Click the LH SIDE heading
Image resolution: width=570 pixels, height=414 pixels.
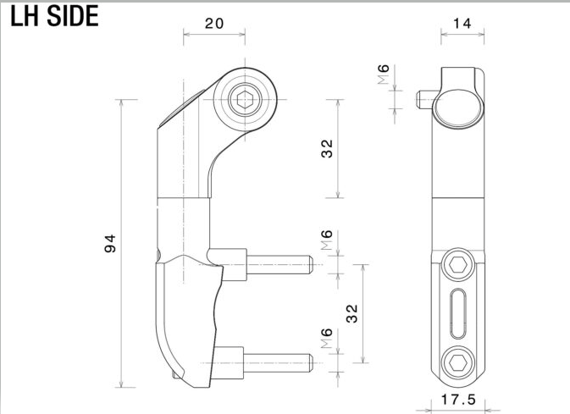click(54, 16)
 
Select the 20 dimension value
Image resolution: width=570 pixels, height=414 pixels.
click(214, 24)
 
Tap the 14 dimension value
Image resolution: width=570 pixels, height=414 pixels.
click(462, 24)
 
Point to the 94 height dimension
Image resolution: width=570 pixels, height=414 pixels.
click(110, 244)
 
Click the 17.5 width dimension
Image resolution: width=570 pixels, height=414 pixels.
click(458, 400)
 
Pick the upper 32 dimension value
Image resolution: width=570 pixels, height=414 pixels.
click(327, 148)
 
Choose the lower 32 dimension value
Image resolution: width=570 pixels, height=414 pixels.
click(351, 313)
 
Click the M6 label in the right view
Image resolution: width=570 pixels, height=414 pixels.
click(383, 75)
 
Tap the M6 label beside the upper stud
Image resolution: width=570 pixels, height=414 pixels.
click(327, 240)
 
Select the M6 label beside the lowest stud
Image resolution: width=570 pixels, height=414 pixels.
click(327, 338)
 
